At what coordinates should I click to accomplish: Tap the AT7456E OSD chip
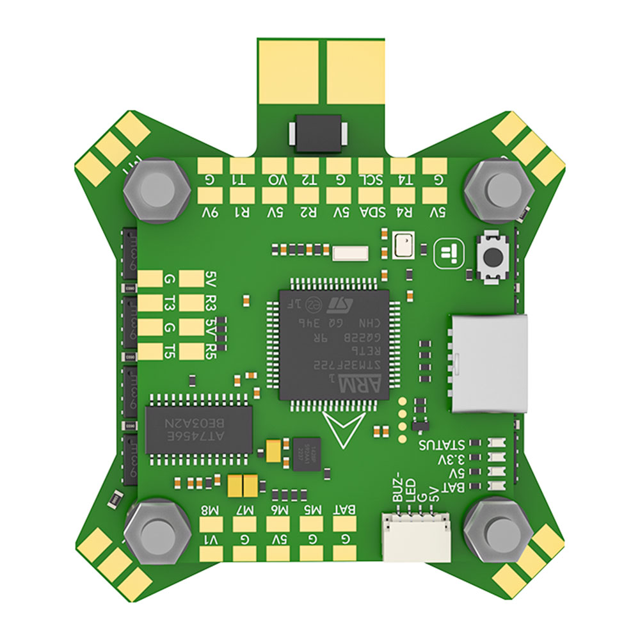[x=198, y=428]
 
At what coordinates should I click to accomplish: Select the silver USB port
[x=490, y=362]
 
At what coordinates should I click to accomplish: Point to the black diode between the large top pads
[x=319, y=133]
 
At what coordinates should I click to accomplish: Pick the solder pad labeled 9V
[x=211, y=195]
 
